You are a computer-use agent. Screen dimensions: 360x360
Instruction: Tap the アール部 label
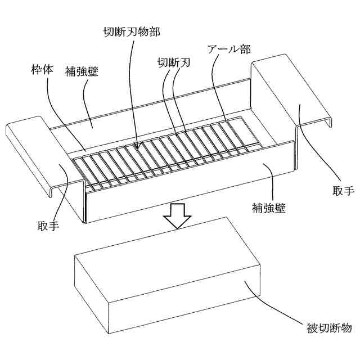tap(228, 48)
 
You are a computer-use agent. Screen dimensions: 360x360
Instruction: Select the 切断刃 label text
tap(173, 63)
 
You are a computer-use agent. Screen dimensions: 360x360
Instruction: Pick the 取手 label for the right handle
tap(343, 191)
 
